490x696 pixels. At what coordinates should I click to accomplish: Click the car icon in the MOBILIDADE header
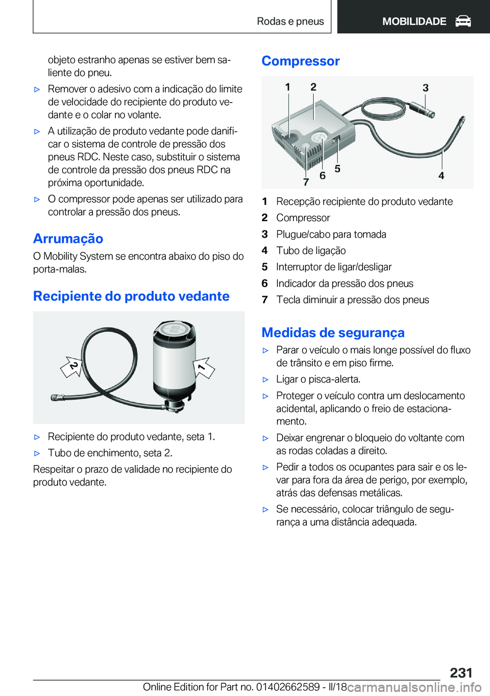point(463,21)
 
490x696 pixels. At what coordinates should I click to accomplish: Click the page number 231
point(461,672)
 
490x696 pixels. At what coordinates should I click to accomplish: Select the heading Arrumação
point(68,239)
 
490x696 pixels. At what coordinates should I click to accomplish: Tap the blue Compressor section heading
point(301,61)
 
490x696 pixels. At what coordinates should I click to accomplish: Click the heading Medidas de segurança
point(333,333)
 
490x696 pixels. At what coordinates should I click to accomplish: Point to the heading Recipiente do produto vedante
point(131,296)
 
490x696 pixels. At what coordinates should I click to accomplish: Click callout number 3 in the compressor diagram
point(425,88)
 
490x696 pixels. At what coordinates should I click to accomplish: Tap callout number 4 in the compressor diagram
point(441,175)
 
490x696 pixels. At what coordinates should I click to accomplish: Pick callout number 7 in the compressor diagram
point(306,182)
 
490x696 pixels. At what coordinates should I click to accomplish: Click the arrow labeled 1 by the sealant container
point(204,367)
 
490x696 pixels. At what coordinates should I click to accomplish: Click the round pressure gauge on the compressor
point(319,137)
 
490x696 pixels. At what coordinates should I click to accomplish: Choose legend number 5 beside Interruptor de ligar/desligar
point(264,267)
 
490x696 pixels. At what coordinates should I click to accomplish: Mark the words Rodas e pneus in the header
point(290,21)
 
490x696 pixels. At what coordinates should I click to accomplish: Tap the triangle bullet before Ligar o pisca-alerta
point(265,380)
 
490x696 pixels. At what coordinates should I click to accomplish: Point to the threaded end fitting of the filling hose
point(56,398)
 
